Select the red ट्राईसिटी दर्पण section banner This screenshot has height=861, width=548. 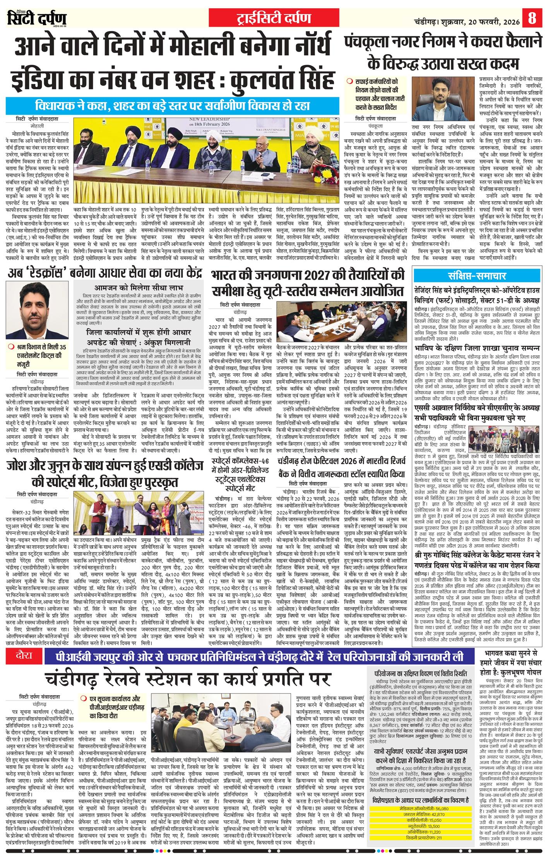274,18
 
